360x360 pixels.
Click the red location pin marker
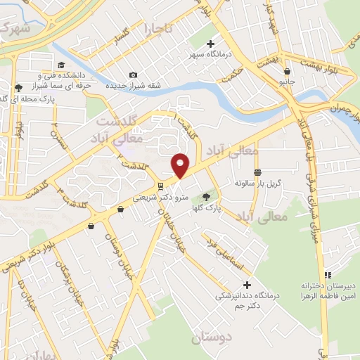[x=180, y=165]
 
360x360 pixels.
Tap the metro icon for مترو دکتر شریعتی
[x=161, y=186]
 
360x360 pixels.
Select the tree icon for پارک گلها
[x=206, y=198]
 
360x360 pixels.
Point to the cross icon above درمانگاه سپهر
[x=210, y=43]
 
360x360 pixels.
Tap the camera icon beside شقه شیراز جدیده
[x=134, y=75]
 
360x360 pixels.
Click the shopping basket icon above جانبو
[x=287, y=70]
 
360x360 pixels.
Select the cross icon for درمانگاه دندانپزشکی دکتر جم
[x=246, y=285]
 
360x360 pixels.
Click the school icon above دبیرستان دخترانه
[x=326, y=275]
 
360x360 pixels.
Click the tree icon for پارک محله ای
[x=18, y=89]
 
